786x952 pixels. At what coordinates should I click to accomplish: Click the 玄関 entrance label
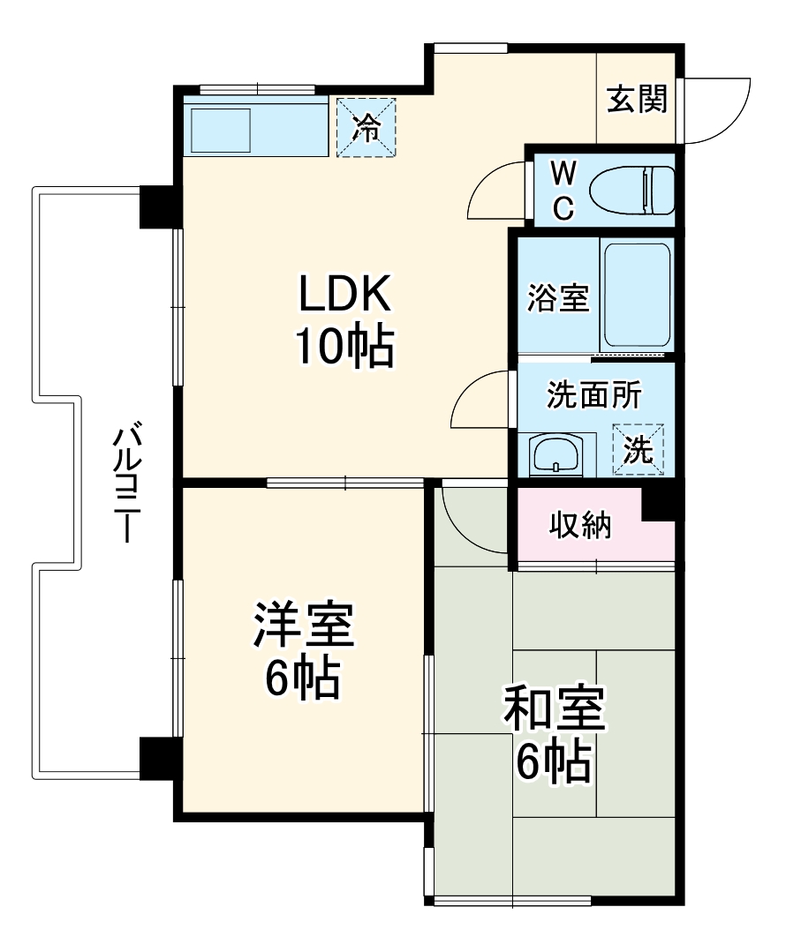tap(636, 100)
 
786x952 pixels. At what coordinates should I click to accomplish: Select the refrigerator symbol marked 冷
tap(366, 127)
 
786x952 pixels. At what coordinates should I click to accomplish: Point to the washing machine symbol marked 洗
tap(639, 449)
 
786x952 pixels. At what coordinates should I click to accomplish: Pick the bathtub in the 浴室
tap(635, 296)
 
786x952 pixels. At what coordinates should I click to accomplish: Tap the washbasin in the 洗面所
tap(555, 454)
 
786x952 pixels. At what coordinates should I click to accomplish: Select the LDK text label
tap(344, 295)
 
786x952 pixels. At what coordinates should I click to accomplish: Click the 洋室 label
tap(303, 626)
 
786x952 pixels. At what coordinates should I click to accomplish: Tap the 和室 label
tap(554, 710)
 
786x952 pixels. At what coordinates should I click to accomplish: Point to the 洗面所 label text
tap(593, 396)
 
